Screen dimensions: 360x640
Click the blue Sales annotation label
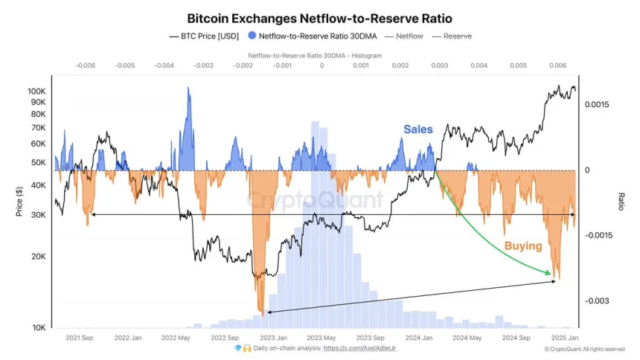pyautogui.click(x=418, y=129)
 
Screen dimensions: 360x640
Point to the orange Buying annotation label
pyautogui.click(x=523, y=245)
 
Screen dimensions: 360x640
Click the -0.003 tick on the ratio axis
pyautogui.click(x=598, y=301)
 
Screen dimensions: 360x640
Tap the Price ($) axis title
pyautogui.click(x=19, y=202)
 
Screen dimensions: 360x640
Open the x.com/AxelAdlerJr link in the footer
pyautogui.click(x=367, y=348)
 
